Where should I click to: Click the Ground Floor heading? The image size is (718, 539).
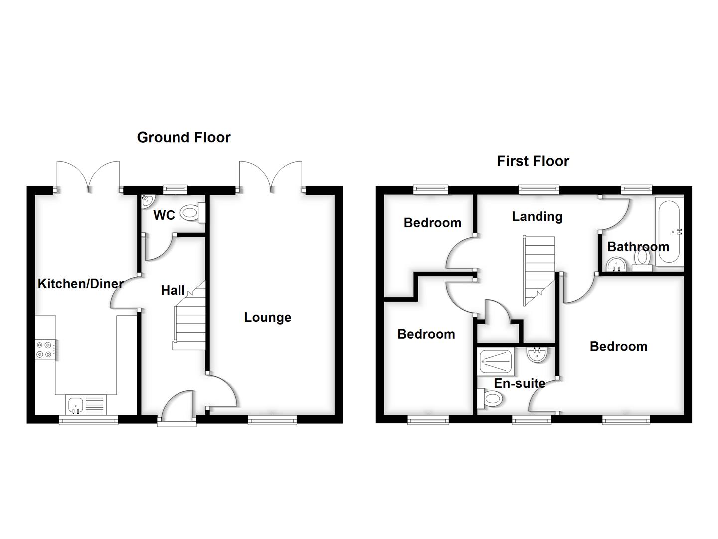click(183, 137)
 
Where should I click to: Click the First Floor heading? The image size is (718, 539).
click(533, 161)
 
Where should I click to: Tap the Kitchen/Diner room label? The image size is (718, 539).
click(80, 284)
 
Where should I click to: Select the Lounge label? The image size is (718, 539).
click(267, 317)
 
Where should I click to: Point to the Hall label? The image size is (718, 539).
click(173, 290)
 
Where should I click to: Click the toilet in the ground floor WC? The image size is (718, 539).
click(191, 213)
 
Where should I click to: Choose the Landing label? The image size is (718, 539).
click(537, 216)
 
